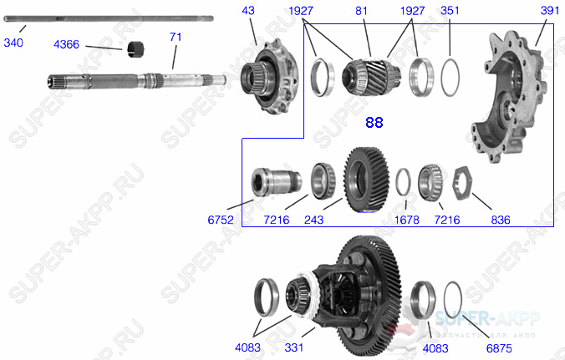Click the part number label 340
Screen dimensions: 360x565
(x=14, y=42)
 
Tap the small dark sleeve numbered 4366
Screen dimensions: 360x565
(x=136, y=49)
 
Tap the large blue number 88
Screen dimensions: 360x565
(x=374, y=123)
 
